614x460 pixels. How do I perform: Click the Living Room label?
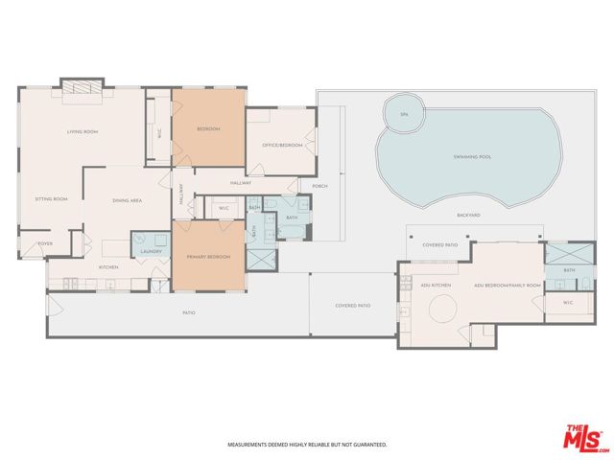pyautogui.click(x=83, y=131)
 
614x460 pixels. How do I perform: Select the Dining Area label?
pyautogui.click(x=128, y=200)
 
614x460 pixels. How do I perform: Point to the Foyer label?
pyautogui.click(x=45, y=244)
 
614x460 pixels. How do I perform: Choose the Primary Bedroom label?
pyautogui.click(x=208, y=257)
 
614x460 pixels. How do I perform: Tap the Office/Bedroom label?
pyautogui.click(x=282, y=145)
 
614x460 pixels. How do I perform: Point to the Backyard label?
pyautogui.click(x=468, y=215)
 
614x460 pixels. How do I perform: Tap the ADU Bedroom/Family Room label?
pyautogui.click(x=508, y=286)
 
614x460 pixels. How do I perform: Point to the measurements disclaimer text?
pyautogui.click(x=307, y=445)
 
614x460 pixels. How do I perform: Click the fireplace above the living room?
pyautogui.click(x=82, y=87)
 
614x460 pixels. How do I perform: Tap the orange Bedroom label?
pyautogui.click(x=208, y=129)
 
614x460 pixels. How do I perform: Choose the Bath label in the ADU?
pyautogui.click(x=569, y=270)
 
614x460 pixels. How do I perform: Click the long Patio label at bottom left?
pyautogui.click(x=190, y=312)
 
